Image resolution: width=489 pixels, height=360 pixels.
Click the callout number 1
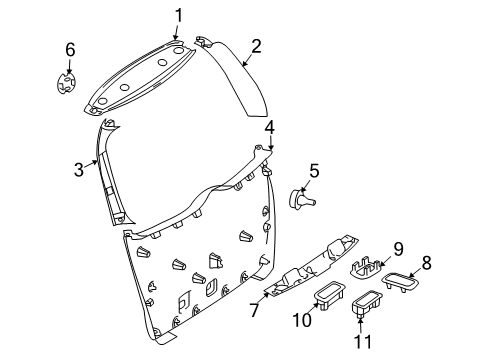[x=179, y=16]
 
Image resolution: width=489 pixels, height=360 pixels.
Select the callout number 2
[x=256, y=46]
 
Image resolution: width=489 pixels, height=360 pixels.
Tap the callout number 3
[x=79, y=170]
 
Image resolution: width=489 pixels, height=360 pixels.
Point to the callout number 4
[x=270, y=128]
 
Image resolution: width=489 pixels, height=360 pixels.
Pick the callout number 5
[x=314, y=171]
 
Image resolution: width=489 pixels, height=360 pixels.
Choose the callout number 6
[x=70, y=50]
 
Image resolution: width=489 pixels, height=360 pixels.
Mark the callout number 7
[x=254, y=310]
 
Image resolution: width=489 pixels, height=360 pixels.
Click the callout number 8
[x=426, y=263]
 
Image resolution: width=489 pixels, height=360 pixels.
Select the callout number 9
[x=398, y=249]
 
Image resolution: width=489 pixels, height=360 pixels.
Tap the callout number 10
[x=302, y=320]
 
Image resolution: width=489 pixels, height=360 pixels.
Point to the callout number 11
[x=362, y=341]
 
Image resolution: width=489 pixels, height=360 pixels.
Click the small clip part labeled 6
[x=66, y=83]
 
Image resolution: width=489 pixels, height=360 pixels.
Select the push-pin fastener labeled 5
[x=301, y=200]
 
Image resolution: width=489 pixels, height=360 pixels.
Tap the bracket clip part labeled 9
[x=365, y=267]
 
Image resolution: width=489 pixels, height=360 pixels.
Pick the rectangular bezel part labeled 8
[x=400, y=282]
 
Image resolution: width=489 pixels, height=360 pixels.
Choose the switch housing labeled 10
[x=329, y=294]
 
